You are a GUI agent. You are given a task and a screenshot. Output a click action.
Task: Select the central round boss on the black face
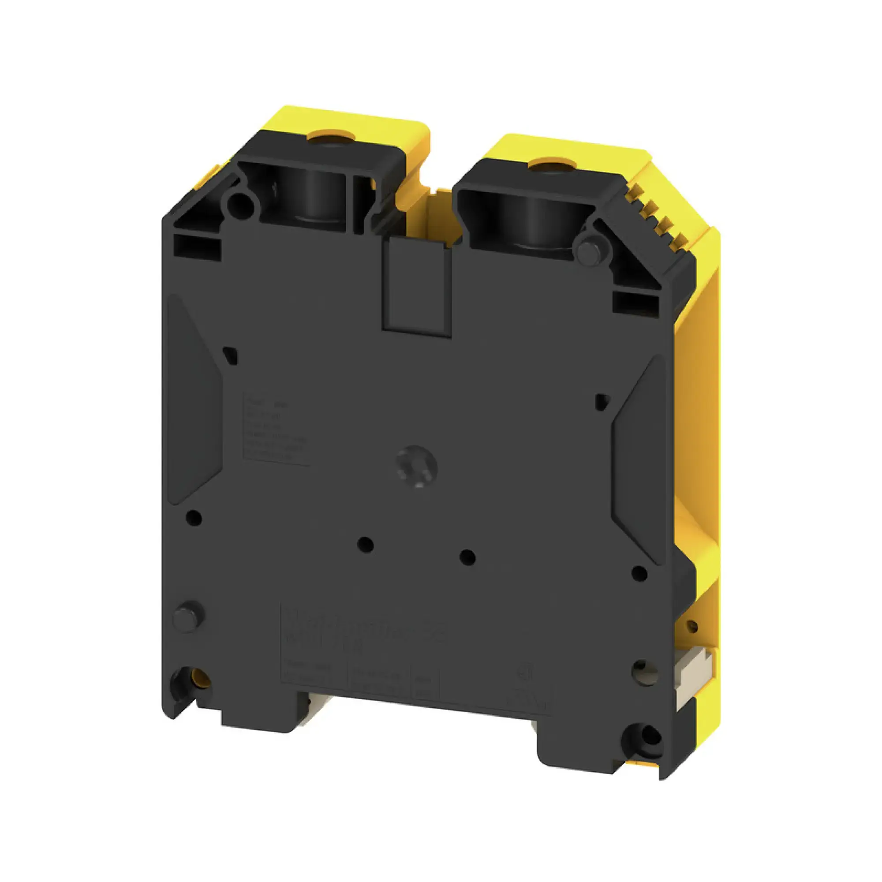tap(416, 467)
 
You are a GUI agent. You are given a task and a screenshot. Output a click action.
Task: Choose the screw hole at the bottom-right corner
tap(644, 735)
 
